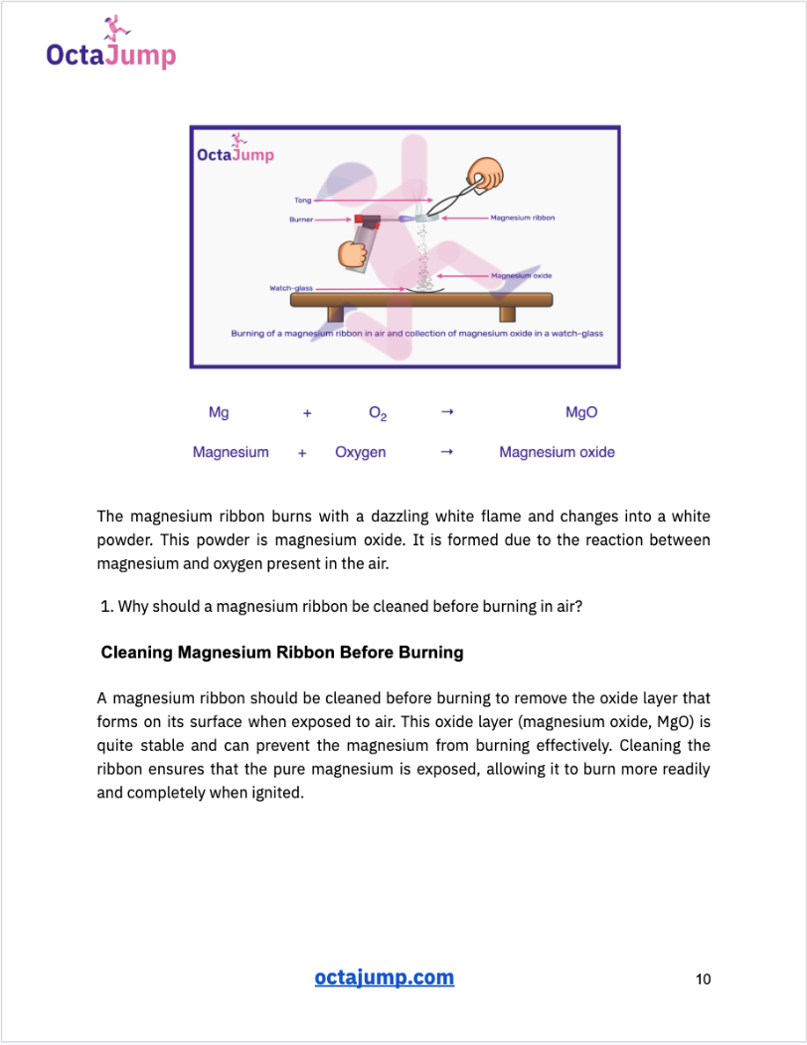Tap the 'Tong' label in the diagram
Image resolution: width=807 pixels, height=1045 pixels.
click(x=302, y=201)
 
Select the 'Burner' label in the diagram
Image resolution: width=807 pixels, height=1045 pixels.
click(x=301, y=219)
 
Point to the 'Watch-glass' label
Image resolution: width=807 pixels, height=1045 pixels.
click(x=290, y=288)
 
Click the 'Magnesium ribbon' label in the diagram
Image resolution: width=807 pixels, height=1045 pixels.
click(x=523, y=218)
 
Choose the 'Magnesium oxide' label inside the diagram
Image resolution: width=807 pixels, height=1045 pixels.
click(x=521, y=275)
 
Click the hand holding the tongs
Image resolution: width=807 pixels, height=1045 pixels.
click(x=486, y=173)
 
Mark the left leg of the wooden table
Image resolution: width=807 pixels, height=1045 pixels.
click(x=335, y=314)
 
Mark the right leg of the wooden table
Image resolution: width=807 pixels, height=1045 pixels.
click(x=508, y=314)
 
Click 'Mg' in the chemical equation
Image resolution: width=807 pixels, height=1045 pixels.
click(x=219, y=412)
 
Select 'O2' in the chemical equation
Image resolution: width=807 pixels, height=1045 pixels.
click(x=378, y=413)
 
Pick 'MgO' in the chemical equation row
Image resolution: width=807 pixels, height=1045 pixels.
click(x=581, y=412)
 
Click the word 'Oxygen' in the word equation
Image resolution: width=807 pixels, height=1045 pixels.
click(x=361, y=452)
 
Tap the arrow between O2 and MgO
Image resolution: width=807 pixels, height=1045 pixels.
click(x=447, y=412)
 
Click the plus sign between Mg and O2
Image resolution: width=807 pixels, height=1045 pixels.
click(x=307, y=413)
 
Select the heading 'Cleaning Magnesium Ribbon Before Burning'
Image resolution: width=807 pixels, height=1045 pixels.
click(x=282, y=653)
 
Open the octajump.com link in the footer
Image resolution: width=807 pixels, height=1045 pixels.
click(x=384, y=977)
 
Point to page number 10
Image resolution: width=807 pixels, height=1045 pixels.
click(x=703, y=979)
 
